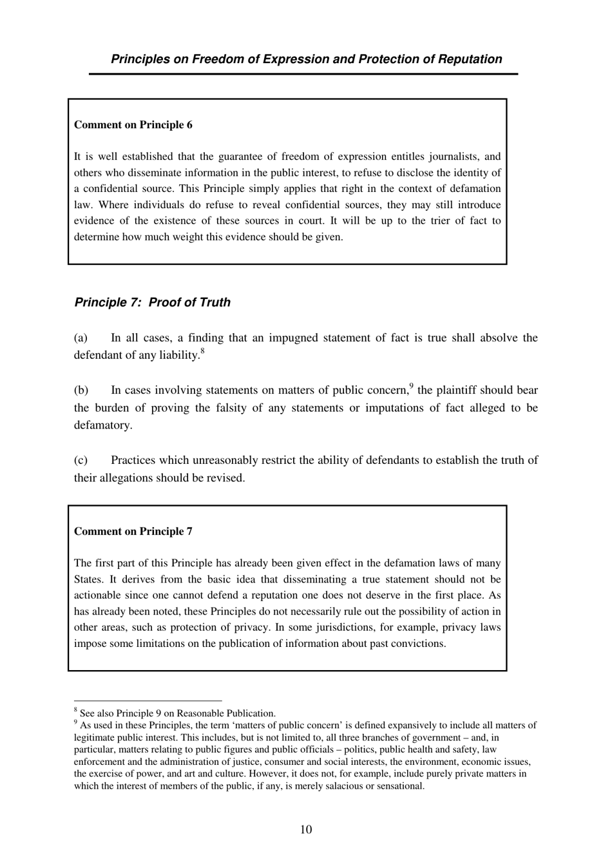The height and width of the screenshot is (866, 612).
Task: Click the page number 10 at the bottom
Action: [306, 829]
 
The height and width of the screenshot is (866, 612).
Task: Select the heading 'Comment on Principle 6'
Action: [133, 125]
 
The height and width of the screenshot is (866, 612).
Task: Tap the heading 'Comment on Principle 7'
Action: [133, 532]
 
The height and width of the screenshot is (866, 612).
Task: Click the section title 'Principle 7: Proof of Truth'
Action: [152, 302]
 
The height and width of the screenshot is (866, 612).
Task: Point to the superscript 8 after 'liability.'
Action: [202, 351]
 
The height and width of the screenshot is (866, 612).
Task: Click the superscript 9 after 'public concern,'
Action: [411, 386]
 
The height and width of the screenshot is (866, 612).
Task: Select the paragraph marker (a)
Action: [81, 338]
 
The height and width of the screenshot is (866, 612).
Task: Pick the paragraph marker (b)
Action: [81, 390]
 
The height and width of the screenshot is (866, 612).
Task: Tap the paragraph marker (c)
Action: [81, 460]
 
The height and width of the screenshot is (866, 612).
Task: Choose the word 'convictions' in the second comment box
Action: [416, 644]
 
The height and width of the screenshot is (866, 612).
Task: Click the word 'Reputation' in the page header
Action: [470, 59]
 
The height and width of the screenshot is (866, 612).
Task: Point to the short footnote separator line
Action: [148, 700]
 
